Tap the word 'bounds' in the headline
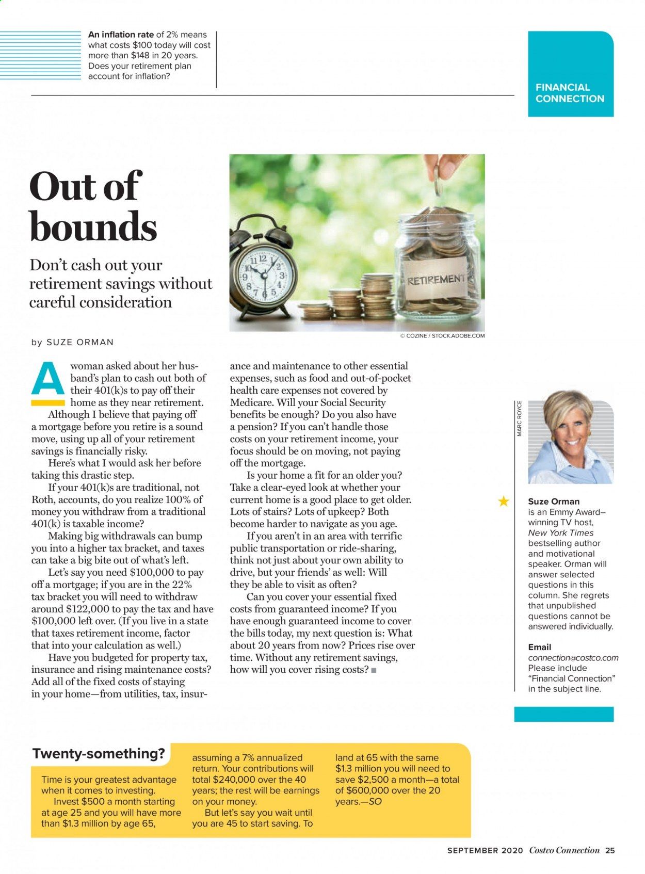(x=93, y=226)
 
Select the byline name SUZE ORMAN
(x=80, y=342)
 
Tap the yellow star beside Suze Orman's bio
(x=503, y=501)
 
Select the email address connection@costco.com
(x=573, y=658)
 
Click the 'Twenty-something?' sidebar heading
(x=99, y=753)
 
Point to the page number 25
(x=610, y=851)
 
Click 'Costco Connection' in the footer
(x=564, y=851)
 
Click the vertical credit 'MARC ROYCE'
(x=520, y=418)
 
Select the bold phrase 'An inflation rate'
(x=121, y=35)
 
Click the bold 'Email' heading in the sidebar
(x=539, y=647)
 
